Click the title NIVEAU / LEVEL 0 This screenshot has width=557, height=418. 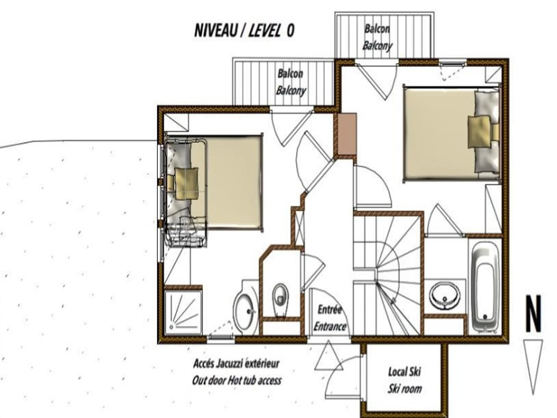[244, 31]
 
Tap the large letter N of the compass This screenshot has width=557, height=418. [534, 313]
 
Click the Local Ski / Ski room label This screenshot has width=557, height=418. [404, 380]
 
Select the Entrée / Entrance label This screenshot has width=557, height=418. [330, 318]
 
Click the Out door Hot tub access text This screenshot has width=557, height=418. [237, 380]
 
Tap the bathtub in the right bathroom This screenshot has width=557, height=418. [485, 287]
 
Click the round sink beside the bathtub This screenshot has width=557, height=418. [445, 296]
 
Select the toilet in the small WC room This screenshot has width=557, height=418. [280, 300]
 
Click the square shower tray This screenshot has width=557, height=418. [183, 313]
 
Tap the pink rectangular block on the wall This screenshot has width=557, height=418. [347, 134]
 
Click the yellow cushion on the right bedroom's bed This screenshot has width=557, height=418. [479, 131]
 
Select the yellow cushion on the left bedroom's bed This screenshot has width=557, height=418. [187, 183]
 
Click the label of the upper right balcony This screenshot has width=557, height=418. [377, 38]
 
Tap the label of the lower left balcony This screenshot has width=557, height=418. [291, 82]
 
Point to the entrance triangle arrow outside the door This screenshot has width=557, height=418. [329, 356]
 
